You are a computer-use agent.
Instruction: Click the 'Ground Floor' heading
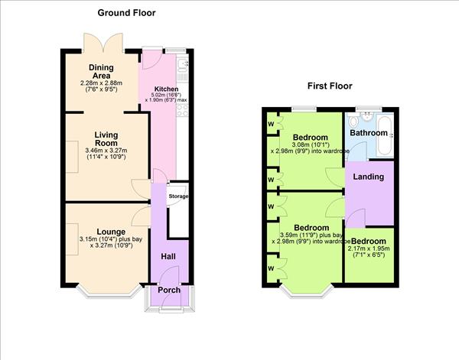tap(127, 13)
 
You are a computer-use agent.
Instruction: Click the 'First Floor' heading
tap(334, 86)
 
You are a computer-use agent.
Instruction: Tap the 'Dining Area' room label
tap(101, 72)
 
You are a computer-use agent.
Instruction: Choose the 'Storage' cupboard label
tap(178, 196)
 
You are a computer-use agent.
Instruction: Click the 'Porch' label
tap(169, 290)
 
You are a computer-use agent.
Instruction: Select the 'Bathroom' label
tap(369, 133)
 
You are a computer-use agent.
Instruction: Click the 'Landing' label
tap(369, 177)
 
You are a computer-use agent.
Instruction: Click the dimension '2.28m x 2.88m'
tap(101, 82)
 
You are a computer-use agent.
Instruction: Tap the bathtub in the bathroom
tap(383, 137)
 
